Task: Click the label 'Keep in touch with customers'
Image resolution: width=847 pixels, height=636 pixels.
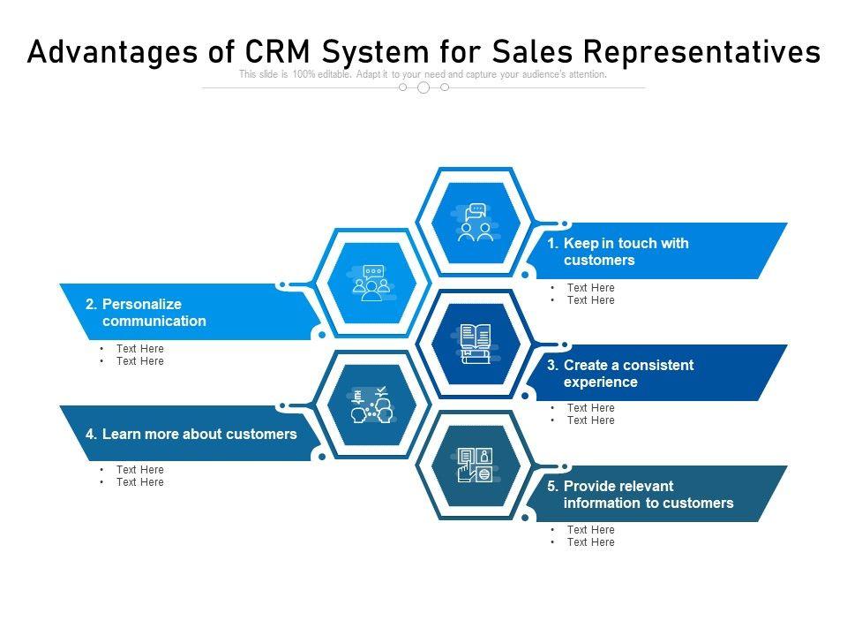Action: coord(626,252)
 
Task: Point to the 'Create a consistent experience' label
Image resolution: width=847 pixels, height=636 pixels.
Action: coord(628,374)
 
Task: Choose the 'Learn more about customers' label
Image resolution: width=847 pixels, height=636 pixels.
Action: coord(199,434)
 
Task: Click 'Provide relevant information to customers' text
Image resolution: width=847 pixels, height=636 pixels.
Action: coord(648,495)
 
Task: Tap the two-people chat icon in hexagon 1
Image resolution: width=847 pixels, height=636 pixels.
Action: coord(476,223)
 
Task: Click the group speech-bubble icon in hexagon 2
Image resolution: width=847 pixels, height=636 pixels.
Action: coord(370,284)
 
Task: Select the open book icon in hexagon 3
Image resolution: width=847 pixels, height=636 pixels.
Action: coord(476,344)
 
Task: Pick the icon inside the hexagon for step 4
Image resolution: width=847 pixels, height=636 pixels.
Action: coord(371,405)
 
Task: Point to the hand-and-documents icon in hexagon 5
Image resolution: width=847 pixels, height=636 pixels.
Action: coord(476,465)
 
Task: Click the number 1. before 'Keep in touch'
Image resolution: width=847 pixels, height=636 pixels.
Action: coord(552,243)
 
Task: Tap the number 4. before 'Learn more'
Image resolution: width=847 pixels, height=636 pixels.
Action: coord(91,434)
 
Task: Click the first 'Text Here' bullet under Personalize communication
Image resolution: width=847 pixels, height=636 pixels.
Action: coord(139,349)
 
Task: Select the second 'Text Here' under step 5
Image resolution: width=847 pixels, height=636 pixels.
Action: coord(590,542)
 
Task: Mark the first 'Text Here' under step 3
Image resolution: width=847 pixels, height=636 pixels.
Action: coord(590,408)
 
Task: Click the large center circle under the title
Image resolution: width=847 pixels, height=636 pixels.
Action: coord(423,87)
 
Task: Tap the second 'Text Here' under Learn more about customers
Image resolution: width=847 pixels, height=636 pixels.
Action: coord(139,482)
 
